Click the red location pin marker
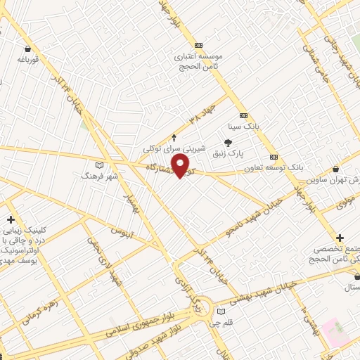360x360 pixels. click(181, 166)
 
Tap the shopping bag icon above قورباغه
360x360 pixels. click(27, 49)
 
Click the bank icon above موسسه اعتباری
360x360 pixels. click(199, 44)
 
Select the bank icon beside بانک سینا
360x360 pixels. click(243, 115)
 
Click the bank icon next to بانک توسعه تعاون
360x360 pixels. click(274, 157)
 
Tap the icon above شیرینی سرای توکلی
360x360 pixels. click(174, 138)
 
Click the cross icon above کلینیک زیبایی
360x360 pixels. click(11, 219)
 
